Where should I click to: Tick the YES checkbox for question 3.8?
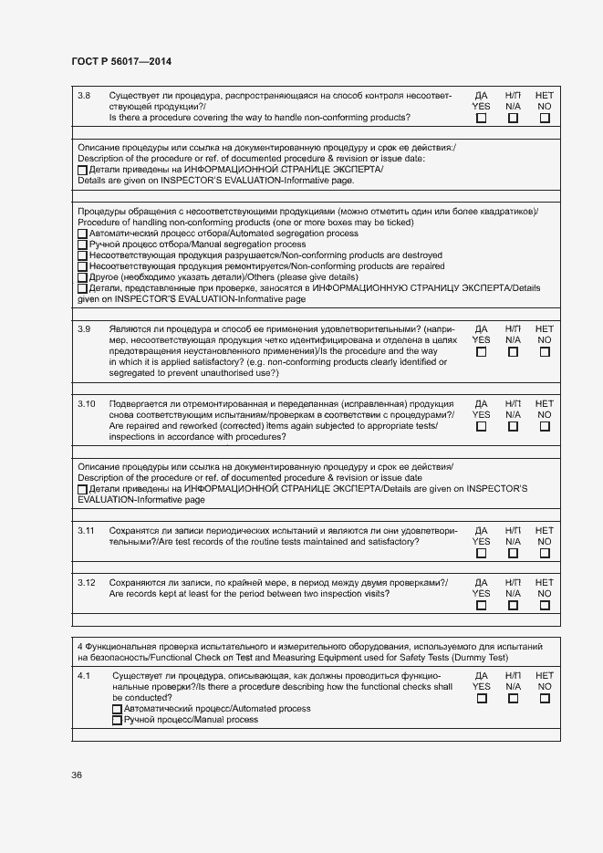coord(482,118)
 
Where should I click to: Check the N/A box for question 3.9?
coord(513,351)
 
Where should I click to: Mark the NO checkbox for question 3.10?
coord(545,426)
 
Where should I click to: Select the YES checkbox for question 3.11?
coord(482,553)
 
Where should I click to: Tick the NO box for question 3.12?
coord(545,605)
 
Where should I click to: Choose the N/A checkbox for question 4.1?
coord(513,698)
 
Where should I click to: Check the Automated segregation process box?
coord(83,234)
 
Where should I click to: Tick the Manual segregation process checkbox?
coord(83,245)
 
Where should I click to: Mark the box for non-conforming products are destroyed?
coord(83,256)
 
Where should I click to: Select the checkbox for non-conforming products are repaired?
coord(83,267)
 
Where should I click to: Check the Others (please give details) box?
coord(83,278)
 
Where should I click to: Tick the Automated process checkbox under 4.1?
coord(117,709)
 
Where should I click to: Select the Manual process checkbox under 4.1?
coord(117,721)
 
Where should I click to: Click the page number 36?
coord(77,775)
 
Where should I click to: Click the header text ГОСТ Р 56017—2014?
coord(120,61)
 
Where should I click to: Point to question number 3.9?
coord(85,328)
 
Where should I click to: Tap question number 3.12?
coord(87,582)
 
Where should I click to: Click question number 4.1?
coord(85,675)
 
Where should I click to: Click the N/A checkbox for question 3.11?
coord(513,553)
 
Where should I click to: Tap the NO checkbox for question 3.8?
coord(545,118)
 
